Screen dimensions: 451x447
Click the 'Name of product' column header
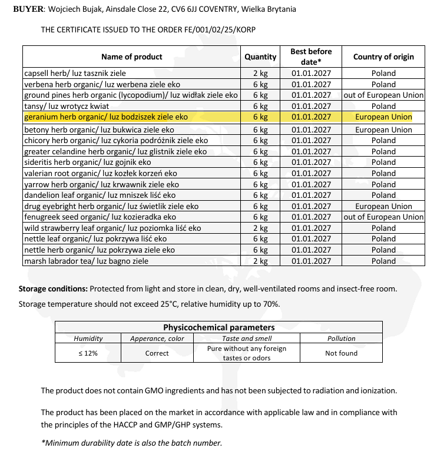tap(132, 57)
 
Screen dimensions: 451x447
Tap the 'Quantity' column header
tap(260, 57)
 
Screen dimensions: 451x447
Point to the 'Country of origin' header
tap(383, 57)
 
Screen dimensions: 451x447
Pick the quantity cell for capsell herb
tap(260, 74)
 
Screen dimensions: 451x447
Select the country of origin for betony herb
tap(383, 130)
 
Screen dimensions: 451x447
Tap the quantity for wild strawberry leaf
tap(260, 228)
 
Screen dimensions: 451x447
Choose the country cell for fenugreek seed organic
tap(383, 217)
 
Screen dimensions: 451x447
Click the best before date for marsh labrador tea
tap(312, 261)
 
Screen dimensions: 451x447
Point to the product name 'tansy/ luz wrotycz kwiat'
tap(67, 106)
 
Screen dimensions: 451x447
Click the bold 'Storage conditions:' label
tap(53, 289)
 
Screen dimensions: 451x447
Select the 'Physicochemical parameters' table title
tap(218, 327)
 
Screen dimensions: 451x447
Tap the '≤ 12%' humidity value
tap(88, 353)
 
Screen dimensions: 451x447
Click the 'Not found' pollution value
tap(341, 353)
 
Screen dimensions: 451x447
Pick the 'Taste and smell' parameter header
tap(247, 339)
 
